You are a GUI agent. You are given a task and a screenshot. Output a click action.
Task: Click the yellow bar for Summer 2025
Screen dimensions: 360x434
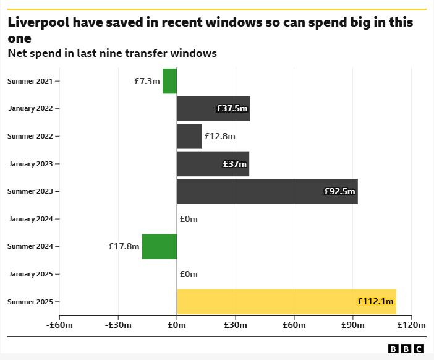tap(286, 302)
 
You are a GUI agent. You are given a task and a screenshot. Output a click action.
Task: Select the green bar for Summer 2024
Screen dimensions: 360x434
tap(160, 246)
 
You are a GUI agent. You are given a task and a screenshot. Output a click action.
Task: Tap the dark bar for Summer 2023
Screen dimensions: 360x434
tap(267, 191)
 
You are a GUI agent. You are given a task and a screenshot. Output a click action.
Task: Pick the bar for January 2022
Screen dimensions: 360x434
tap(213, 108)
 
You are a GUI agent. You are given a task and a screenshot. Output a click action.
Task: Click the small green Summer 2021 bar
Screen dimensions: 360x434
tap(169, 81)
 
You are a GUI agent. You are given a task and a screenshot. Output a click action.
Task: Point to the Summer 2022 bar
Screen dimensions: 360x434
tap(189, 136)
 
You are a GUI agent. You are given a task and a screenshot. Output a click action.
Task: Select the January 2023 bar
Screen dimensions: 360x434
tap(213, 164)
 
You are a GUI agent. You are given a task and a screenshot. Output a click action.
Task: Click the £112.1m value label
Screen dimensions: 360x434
tap(375, 302)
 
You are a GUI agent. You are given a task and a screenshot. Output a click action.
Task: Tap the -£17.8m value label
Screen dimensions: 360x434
tap(122, 246)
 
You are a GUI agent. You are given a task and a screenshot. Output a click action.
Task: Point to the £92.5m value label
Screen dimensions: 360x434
tap(340, 192)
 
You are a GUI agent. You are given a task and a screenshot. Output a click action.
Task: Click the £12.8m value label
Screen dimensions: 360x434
tap(220, 136)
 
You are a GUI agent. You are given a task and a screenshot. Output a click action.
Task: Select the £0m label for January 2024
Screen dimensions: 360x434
tap(189, 219)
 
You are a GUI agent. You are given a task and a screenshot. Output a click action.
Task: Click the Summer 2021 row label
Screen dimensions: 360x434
tap(30, 81)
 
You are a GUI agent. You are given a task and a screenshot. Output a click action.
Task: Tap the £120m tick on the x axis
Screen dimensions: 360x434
tap(412, 325)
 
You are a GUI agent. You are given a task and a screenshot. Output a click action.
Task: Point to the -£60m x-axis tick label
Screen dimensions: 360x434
tap(60, 325)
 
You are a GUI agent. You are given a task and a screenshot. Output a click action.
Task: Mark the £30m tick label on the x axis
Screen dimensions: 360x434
tap(236, 325)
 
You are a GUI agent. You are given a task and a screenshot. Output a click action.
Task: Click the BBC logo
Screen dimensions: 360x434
tap(406, 349)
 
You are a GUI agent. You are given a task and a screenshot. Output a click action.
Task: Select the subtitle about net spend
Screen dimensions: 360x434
tap(112, 53)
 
